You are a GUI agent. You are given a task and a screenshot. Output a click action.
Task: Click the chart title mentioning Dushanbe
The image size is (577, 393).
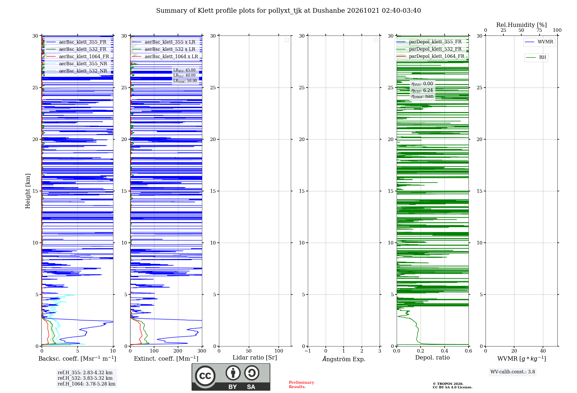pos(288,11)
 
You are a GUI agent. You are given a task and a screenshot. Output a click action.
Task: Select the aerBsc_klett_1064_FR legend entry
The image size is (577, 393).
pos(78,56)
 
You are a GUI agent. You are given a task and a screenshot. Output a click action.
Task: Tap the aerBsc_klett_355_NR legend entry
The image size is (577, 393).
pos(76,64)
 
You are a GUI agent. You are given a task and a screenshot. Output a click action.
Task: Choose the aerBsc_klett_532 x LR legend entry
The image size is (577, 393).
pos(164,49)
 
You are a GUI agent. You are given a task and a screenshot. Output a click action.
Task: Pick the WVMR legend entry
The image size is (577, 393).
pos(539,42)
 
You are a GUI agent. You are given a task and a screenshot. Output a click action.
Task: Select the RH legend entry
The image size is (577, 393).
pos(536,58)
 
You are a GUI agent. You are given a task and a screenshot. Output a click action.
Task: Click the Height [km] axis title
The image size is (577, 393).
pos(28,191)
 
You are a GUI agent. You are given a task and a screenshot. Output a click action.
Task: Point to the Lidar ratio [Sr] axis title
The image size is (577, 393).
pos(255,357)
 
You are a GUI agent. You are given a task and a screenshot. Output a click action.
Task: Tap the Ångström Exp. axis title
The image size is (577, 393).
pos(344,359)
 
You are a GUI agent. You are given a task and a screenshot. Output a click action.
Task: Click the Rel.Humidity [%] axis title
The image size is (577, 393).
pos(521,25)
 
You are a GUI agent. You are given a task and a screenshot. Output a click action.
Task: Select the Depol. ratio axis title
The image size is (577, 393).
pos(432,357)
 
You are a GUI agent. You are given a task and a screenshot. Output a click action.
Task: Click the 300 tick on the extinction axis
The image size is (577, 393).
pos(202,351)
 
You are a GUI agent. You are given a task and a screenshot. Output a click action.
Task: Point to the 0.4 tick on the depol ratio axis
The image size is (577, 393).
pos(445,351)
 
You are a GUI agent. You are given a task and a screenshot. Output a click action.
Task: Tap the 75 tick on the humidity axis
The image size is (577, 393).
pos(539,30)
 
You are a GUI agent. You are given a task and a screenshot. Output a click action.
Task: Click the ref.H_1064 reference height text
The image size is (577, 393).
pos(87,384)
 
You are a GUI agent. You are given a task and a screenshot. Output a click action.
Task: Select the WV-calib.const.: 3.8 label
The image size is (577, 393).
pos(513,372)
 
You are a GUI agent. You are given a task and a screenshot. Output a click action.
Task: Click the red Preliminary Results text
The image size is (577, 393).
pos(301,384)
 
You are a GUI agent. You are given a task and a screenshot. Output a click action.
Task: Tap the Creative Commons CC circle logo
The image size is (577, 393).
pos(205,376)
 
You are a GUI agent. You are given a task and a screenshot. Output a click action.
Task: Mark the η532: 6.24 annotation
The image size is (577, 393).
pos(422,90)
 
